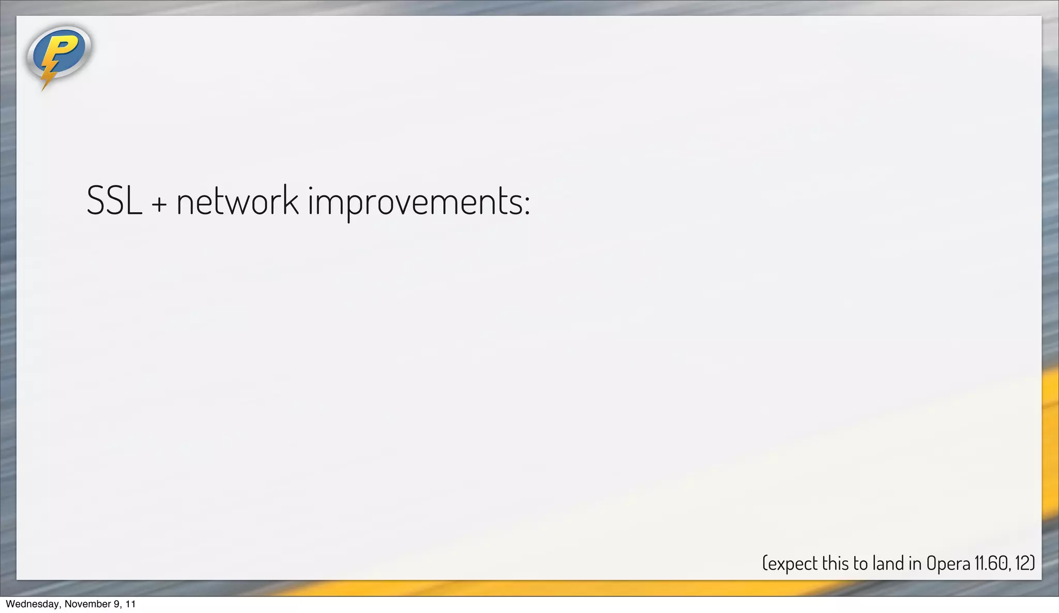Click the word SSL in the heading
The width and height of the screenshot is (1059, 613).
click(x=114, y=200)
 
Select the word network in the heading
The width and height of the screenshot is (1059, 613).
click(x=237, y=200)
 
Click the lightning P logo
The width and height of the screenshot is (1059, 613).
click(x=58, y=54)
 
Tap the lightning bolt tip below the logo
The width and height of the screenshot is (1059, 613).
click(x=44, y=86)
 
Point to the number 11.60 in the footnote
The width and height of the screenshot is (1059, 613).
click(x=992, y=563)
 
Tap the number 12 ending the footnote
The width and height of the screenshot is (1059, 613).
click(x=1023, y=563)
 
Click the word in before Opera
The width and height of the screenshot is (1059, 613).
click(x=915, y=563)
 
